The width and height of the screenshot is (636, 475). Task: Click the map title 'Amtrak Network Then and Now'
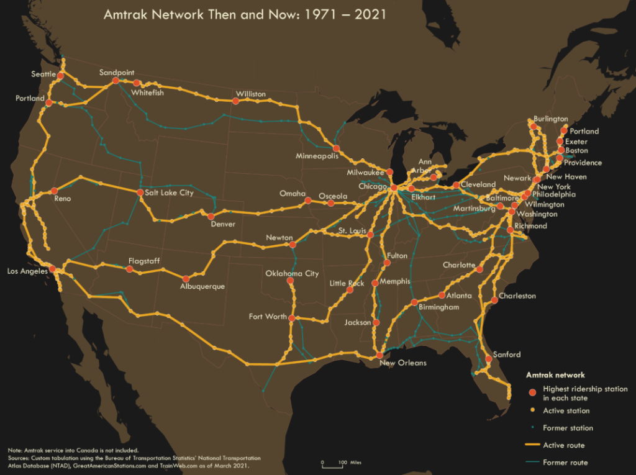(245, 14)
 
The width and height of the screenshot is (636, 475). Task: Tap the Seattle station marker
(61, 76)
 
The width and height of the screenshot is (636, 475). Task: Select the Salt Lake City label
(169, 192)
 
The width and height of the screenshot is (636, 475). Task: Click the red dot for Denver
(211, 216)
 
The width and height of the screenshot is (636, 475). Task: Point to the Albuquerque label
(202, 286)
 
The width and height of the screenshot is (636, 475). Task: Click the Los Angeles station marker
(53, 269)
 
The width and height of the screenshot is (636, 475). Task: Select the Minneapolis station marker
(336, 148)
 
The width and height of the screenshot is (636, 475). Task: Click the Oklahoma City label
(292, 273)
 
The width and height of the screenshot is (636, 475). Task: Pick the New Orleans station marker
(379, 355)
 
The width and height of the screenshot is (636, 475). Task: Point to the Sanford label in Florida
(506, 355)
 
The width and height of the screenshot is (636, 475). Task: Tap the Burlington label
(550, 119)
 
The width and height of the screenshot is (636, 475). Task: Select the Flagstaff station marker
(129, 269)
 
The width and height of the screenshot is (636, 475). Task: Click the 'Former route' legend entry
(565, 462)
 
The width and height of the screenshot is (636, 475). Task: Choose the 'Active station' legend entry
(566, 410)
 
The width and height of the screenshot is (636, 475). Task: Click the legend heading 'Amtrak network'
(555, 375)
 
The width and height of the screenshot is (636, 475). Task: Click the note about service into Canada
(73, 450)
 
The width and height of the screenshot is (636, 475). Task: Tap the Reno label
(62, 199)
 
